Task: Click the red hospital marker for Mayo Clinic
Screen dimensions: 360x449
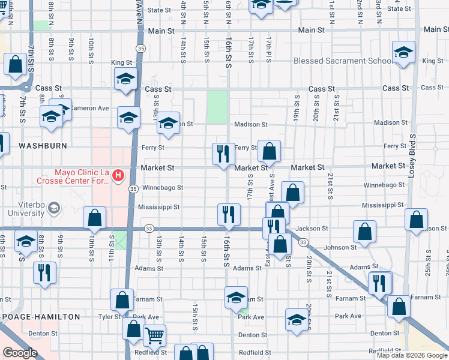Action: coord(118,175)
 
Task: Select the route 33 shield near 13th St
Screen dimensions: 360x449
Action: coord(149,228)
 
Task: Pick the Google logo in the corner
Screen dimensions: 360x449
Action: coord(20,353)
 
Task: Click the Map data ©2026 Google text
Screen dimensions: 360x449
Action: coord(412,355)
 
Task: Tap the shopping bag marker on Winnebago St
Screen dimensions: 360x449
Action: coord(292,193)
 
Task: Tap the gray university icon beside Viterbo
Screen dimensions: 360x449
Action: coord(54,208)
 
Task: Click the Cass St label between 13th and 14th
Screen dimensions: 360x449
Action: coord(159,89)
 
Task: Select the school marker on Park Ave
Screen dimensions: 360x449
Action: coord(296,319)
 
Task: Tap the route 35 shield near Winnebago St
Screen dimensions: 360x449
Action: coord(133,188)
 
